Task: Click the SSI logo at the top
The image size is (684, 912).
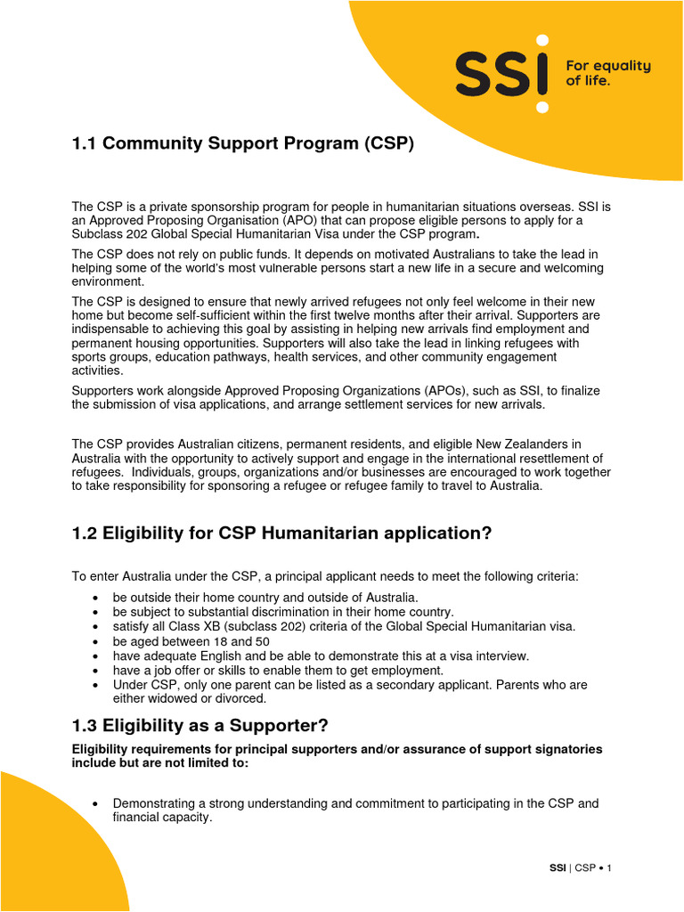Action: (x=501, y=72)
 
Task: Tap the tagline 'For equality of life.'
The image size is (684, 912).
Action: (x=608, y=73)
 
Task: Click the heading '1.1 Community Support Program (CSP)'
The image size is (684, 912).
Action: (x=243, y=144)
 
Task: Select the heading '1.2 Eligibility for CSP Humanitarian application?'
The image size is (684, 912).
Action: (x=281, y=533)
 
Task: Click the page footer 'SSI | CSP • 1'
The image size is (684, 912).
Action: (x=578, y=867)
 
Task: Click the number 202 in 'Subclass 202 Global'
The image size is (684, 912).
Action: (x=139, y=234)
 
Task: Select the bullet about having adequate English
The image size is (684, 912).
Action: (x=321, y=655)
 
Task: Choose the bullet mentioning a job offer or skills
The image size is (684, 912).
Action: (x=278, y=670)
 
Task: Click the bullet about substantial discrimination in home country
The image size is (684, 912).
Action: (x=283, y=612)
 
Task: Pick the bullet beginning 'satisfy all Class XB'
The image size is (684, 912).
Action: (x=344, y=626)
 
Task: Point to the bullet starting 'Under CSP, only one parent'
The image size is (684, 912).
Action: (x=350, y=685)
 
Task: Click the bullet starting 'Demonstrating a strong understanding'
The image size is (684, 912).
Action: (x=355, y=803)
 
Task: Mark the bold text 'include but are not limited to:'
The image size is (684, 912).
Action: (x=160, y=763)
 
